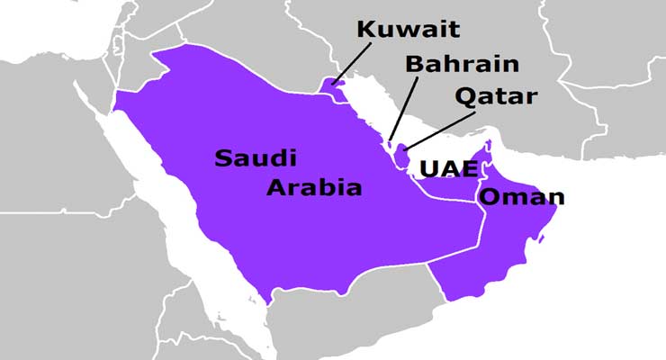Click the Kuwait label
pyautogui.click(x=408, y=29)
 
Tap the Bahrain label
pyautogui.click(x=462, y=64)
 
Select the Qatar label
pyautogui.click(x=496, y=95)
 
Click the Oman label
pyautogui.click(x=522, y=197)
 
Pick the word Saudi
pyautogui.click(x=255, y=158)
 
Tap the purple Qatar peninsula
pyautogui.click(x=401, y=154)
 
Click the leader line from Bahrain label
pyautogui.click(x=403, y=108)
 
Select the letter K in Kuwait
pyautogui.click(x=364, y=29)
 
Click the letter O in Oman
pyautogui.click(x=489, y=197)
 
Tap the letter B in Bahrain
pyautogui.click(x=413, y=64)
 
